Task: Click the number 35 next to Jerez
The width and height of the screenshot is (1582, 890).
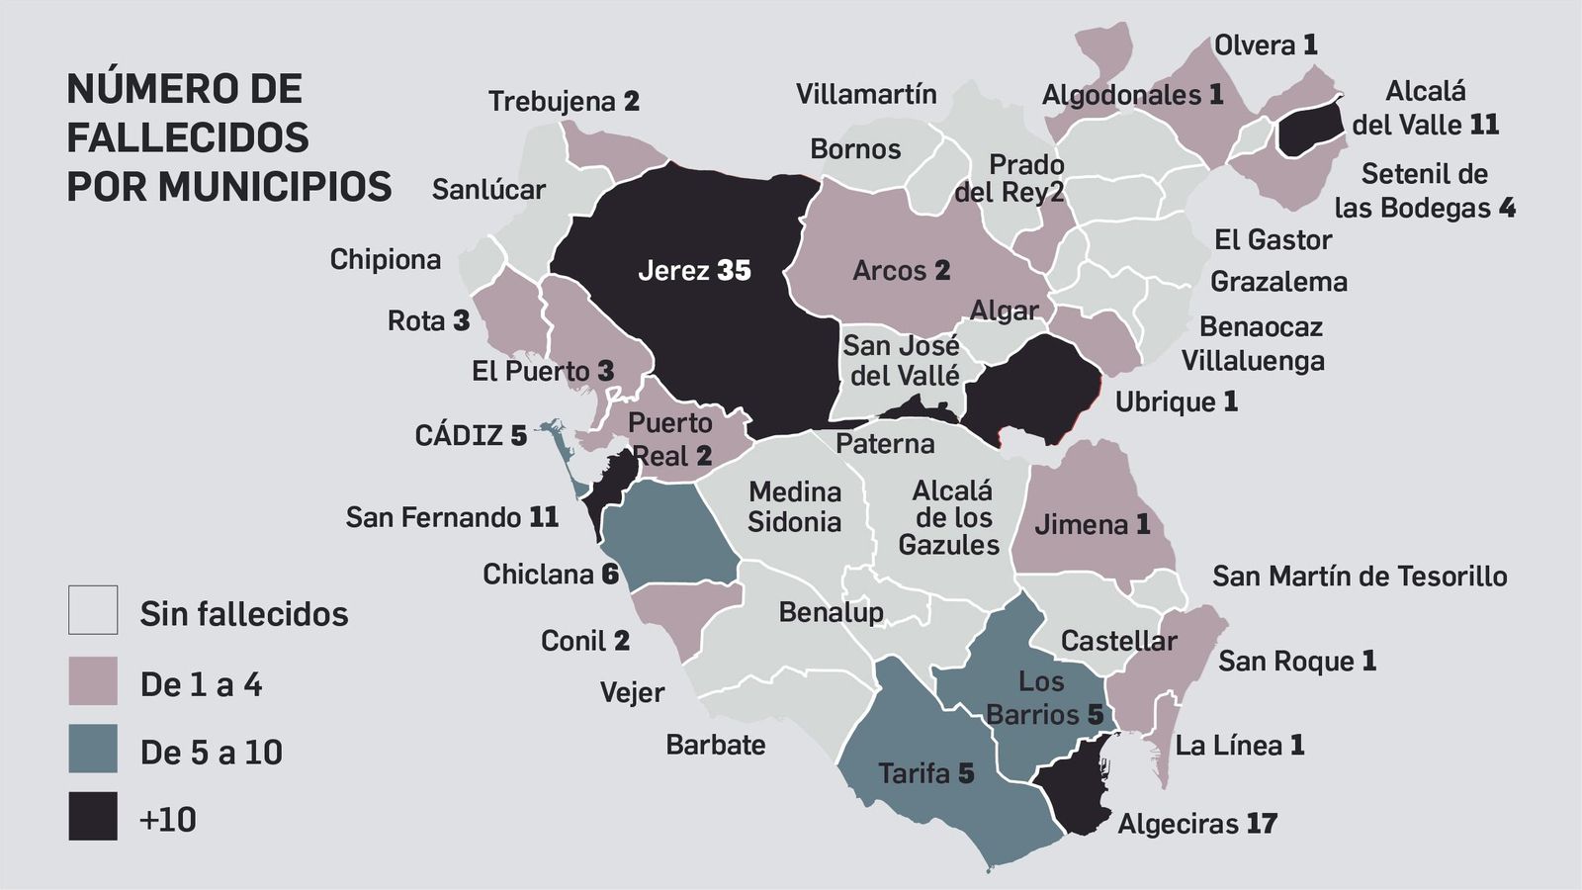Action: (x=734, y=270)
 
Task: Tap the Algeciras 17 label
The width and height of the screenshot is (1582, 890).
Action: (x=1196, y=823)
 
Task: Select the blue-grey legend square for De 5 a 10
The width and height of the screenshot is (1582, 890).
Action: (x=93, y=749)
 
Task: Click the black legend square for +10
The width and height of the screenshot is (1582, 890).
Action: (x=93, y=816)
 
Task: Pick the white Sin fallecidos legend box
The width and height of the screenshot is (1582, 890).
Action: (x=93, y=609)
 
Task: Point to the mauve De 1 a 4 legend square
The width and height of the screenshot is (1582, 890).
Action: (x=93, y=680)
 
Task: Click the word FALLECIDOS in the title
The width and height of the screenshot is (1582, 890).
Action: (x=188, y=137)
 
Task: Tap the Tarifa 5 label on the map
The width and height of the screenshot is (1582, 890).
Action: (x=925, y=772)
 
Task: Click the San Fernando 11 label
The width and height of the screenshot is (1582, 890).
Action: (x=452, y=516)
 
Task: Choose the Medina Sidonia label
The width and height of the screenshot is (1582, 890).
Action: (x=794, y=506)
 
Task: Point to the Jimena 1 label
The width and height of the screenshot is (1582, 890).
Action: (x=1092, y=524)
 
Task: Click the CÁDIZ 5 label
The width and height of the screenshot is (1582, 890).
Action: (x=471, y=435)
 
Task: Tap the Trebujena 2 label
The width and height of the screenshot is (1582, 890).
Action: (x=564, y=101)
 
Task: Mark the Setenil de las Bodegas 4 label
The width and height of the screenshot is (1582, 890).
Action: (x=1424, y=191)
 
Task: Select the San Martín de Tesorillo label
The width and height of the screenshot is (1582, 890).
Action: (x=1360, y=576)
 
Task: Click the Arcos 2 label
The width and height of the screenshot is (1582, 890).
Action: (x=901, y=270)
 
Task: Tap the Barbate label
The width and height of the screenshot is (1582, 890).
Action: (x=715, y=744)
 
